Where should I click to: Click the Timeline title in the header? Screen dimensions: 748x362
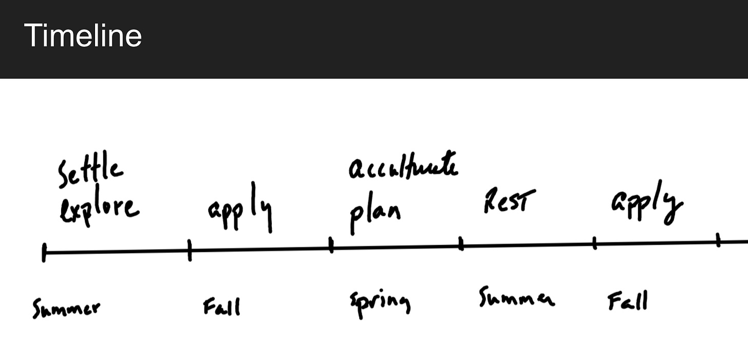coord(83,35)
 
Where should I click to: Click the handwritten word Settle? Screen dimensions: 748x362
coord(90,173)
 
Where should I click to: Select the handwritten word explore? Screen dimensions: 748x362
coord(99,209)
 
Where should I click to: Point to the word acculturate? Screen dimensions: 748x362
coord(403,167)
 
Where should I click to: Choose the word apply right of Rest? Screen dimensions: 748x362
coord(647,203)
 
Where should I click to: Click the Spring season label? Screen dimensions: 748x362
coord(380,303)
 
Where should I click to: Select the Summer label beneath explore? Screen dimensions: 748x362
coord(66,309)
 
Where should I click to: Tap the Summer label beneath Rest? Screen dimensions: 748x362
coord(516,298)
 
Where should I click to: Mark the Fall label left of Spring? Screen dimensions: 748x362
coord(221,307)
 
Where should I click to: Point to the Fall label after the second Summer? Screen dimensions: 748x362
coord(627,301)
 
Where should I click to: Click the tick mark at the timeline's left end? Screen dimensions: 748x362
coord(44,252)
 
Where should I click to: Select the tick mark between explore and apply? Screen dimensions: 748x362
coord(190,250)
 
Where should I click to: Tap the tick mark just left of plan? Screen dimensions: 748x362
coord(331,245)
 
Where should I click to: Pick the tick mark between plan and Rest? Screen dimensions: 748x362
coord(461,244)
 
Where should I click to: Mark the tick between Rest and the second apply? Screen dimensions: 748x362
coord(594,243)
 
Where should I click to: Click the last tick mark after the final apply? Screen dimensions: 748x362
coord(718,240)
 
